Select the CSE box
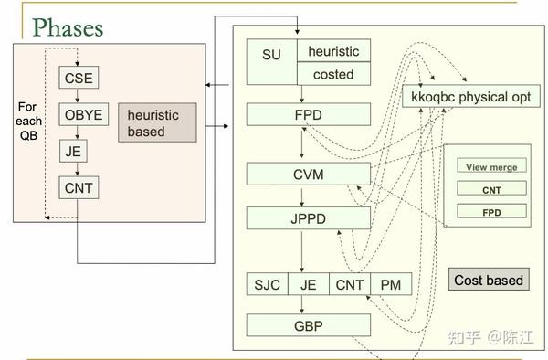click(78, 78)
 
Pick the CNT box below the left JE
click(78, 188)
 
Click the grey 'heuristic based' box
click(157, 123)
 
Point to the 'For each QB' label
click(29, 120)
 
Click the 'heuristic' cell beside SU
click(333, 52)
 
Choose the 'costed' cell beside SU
click(333, 74)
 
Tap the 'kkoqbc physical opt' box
click(470, 96)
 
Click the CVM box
click(309, 174)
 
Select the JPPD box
click(309, 218)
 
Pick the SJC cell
click(267, 285)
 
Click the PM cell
click(391, 285)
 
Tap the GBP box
click(309, 324)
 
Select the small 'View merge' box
click(491, 167)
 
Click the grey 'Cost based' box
click(489, 280)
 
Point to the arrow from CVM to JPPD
click(301, 196)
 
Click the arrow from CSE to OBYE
click(78, 96)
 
